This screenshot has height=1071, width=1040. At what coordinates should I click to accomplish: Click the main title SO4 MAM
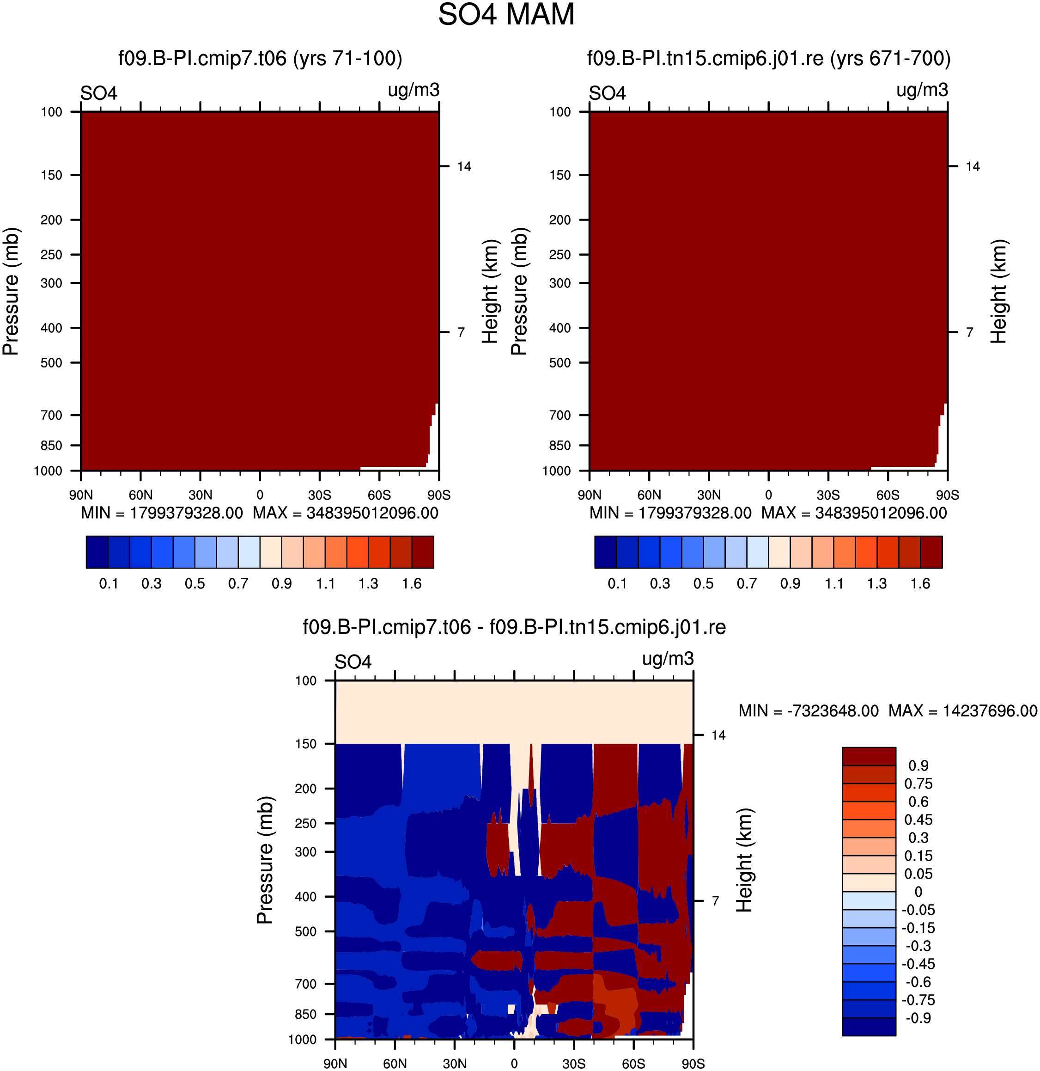[506, 15]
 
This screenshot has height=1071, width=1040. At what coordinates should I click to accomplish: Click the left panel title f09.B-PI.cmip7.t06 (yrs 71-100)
[260, 58]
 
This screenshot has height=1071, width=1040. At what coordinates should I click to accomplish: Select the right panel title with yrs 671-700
[768, 58]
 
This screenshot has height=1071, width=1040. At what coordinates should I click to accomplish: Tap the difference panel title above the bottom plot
[514, 627]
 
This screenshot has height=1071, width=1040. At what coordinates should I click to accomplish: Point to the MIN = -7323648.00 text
[809, 710]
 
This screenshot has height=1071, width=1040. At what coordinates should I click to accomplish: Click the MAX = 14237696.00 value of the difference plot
[962, 710]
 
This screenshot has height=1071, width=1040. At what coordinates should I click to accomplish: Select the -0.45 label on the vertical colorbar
[918, 964]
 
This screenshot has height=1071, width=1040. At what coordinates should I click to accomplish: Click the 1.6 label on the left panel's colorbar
[412, 584]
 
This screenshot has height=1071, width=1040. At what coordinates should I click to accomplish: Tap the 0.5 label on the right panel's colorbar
[703, 584]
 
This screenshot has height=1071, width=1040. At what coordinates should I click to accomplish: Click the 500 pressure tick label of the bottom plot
[305, 931]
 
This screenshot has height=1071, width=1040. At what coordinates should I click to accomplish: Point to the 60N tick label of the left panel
[140, 495]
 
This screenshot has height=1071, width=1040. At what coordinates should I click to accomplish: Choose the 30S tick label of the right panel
[828, 495]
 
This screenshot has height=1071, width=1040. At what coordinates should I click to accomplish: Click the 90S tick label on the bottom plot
[693, 1063]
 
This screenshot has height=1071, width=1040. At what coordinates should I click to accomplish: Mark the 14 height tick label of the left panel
[464, 166]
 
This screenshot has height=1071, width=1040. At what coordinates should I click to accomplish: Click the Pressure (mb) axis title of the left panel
[11, 291]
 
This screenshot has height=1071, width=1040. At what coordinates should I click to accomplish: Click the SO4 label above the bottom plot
[353, 662]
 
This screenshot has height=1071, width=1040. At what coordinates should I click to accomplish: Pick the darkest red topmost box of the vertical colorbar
[869, 756]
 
